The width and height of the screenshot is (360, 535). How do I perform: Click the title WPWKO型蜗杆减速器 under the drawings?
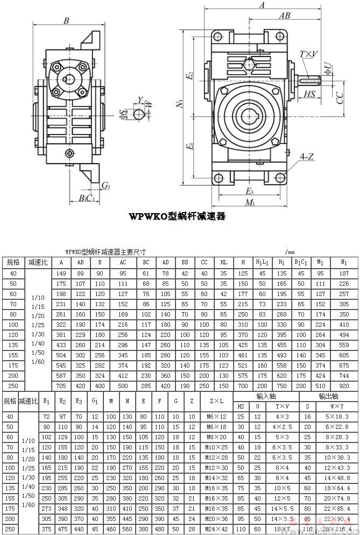(x=177, y=216)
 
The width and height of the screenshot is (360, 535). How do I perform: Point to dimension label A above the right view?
(x=262, y=5)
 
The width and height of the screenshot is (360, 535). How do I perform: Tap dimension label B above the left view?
(x=66, y=21)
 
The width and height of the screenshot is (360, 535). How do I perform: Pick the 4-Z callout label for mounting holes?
(x=307, y=157)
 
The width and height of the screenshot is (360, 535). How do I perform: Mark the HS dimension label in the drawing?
(x=309, y=94)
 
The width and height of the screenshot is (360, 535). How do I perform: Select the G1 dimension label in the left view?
(x=106, y=186)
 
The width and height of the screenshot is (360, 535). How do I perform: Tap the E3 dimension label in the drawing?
(x=249, y=191)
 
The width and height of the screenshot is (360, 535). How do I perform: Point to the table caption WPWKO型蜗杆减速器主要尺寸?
(x=105, y=251)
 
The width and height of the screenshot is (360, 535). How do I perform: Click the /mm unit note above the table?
(x=291, y=251)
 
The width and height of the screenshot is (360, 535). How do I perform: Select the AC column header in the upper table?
(x=123, y=262)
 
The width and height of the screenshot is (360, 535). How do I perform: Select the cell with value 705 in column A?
(x=61, y=385)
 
